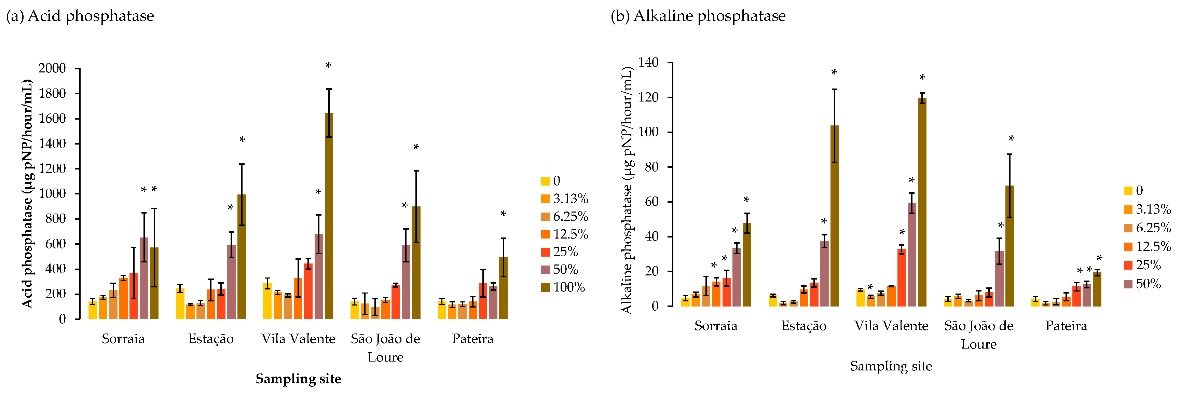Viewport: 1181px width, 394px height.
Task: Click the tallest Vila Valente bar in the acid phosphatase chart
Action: pyautogui.click(x=329, y=216)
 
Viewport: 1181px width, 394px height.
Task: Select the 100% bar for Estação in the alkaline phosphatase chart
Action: pyautogui.click(x=834, y=216)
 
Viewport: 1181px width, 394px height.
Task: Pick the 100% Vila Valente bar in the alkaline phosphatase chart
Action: pyautogui.click(x=922, y=202)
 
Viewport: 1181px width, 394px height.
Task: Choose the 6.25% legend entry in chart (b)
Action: pyautogui.click(x=1148, y=228)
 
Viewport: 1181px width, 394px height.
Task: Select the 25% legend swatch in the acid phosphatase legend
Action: pyautogui.click(x=545, y=252)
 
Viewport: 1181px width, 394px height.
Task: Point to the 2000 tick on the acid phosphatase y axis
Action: pyautogui.click(x=52, y=68)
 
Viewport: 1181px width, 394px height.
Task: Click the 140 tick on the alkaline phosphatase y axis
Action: pyautogui.click(x=648, y=63)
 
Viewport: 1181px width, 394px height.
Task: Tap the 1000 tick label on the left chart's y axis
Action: pyautogui.click(x=52, y=193)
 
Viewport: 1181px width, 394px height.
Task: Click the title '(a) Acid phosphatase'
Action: pyautogui.click(x=80, y=16)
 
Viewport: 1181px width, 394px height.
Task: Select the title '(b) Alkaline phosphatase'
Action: pyautogui.click(x=698, y=16)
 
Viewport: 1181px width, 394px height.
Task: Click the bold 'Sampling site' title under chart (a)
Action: pyautogui.click(x=299, y=379)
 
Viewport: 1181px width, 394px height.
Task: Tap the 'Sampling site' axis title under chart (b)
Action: pyautogui.click(x=891, y=366)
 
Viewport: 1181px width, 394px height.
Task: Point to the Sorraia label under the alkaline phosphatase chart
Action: pyautogui.click(x=716, y=326)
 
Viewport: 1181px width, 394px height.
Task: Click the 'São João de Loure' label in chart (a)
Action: pyautogui.click(x=386, y=348)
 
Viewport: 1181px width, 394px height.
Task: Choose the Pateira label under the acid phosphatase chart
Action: pyautogui.click(x=473, y=339)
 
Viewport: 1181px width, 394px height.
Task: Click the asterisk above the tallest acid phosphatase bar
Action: pyautogui.click(x=328, y=66)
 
